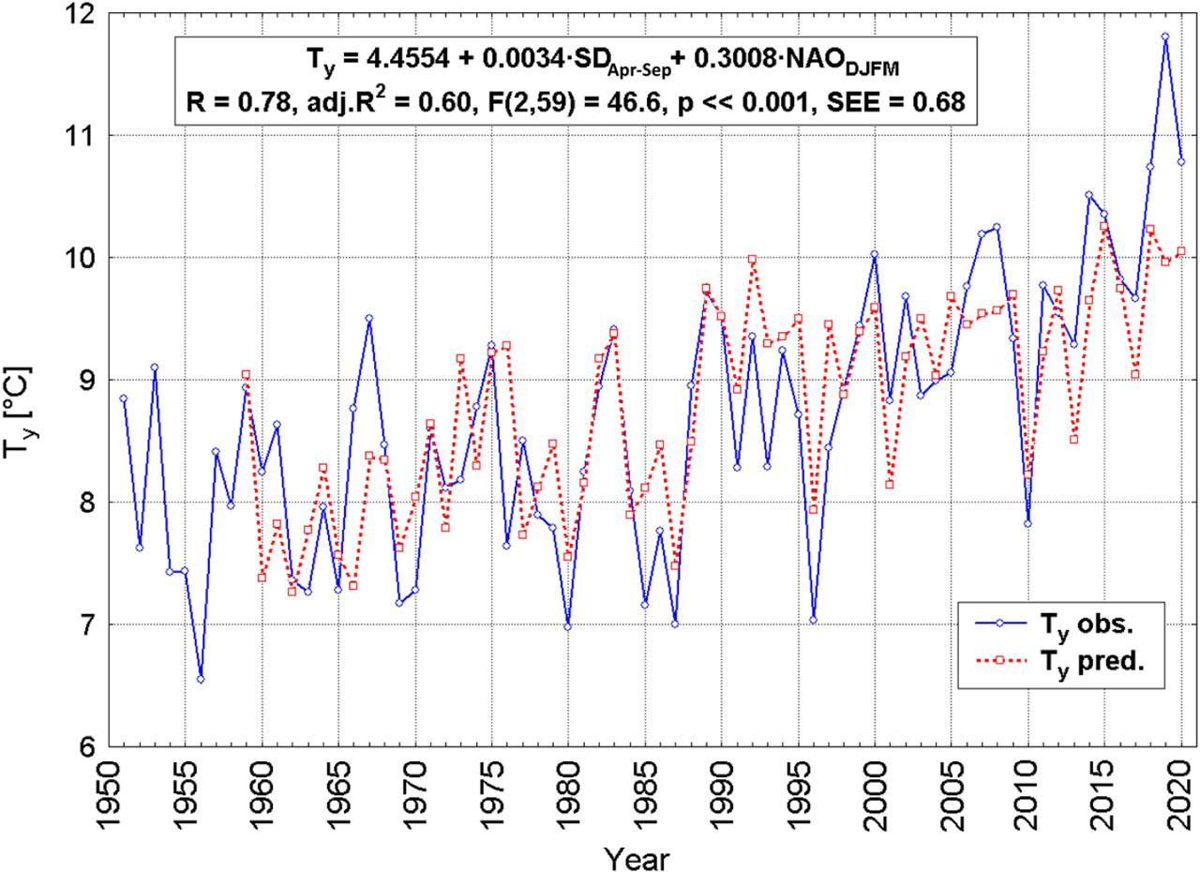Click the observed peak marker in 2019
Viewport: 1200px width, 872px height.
1165,38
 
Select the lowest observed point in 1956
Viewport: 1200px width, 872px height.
200,679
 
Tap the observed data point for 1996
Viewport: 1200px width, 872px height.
813,620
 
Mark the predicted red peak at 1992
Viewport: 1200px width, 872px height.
752,259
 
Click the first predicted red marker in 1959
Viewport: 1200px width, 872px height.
246,374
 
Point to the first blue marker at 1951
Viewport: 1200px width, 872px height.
123,398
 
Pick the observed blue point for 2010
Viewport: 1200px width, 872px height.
1027,523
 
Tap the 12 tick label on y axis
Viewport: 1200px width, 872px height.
79,14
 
